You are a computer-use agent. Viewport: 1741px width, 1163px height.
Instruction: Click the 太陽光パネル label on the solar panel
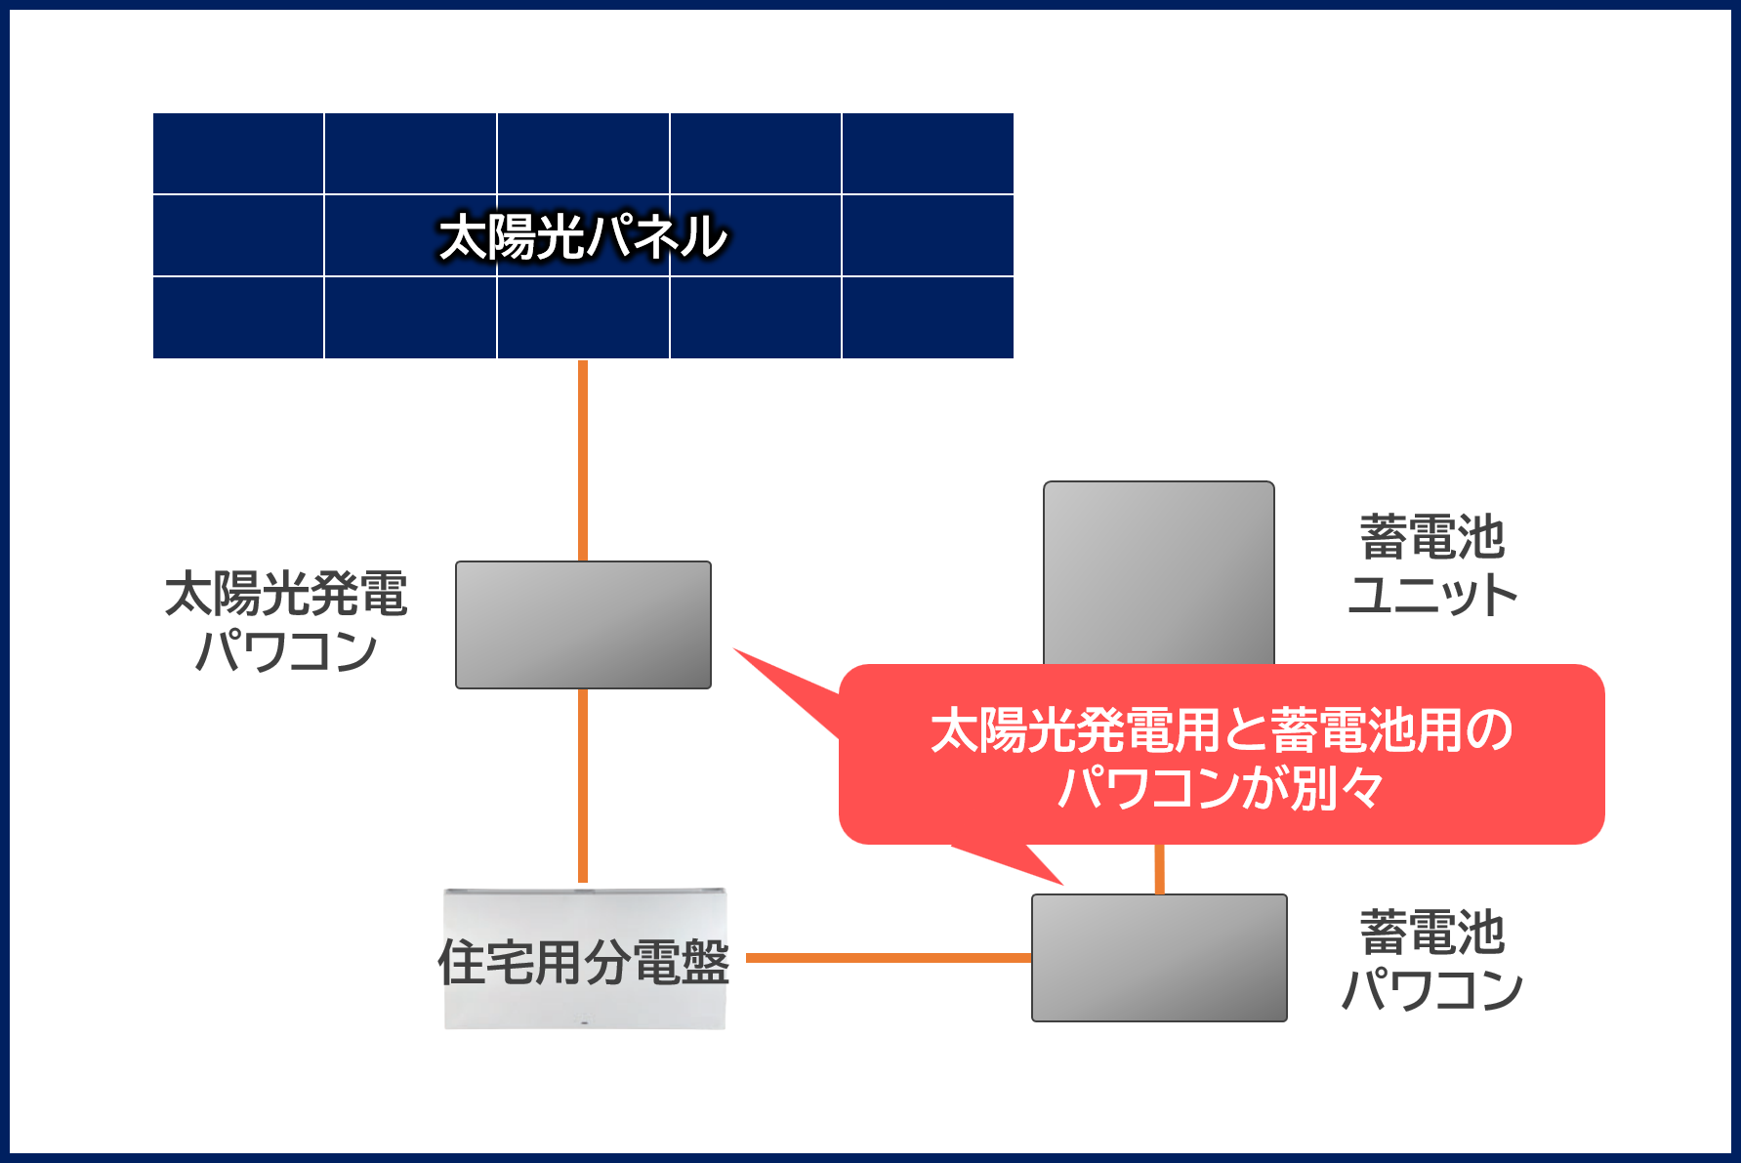click(x=583, y=237)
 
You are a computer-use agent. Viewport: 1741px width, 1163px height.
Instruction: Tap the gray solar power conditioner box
click(x=583, y=625)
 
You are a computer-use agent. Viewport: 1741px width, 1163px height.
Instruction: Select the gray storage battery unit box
click(x=1159, y=573)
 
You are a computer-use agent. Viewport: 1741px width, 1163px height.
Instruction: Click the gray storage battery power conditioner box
click(x=1159, y=958)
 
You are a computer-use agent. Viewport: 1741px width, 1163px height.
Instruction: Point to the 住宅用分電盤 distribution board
click(x=585, y=959)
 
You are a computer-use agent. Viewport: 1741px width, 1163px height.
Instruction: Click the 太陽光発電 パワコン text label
click(x=286, y=622)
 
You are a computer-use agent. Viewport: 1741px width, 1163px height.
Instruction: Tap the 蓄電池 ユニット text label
click(x=1432, y=565)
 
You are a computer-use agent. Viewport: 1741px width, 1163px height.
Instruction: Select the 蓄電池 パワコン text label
click(x=1432, y=961)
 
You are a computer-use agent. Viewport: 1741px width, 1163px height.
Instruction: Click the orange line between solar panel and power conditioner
click(x=583, y=460)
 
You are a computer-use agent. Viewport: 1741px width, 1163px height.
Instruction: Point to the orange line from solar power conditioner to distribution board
click(x=583, y=786)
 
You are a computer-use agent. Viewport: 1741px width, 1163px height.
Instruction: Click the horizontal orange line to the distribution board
click(x=889, y=958)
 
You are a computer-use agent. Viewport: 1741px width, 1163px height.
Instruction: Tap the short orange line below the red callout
click(x=1159, y=869)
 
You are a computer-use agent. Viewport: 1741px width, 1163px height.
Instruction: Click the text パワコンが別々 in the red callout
click(x=1221, y=787)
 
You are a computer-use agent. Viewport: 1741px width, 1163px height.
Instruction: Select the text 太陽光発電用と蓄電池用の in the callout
click(x=1222, y=729)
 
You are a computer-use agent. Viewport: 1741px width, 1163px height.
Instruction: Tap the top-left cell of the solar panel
click(x=238, y=153)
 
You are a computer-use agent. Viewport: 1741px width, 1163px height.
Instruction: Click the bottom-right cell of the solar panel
click(x=928, y=317)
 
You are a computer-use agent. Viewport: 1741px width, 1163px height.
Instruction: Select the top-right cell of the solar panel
click(x=928, y=153)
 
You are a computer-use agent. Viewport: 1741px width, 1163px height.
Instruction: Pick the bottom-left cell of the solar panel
click(x=238, y=317)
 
